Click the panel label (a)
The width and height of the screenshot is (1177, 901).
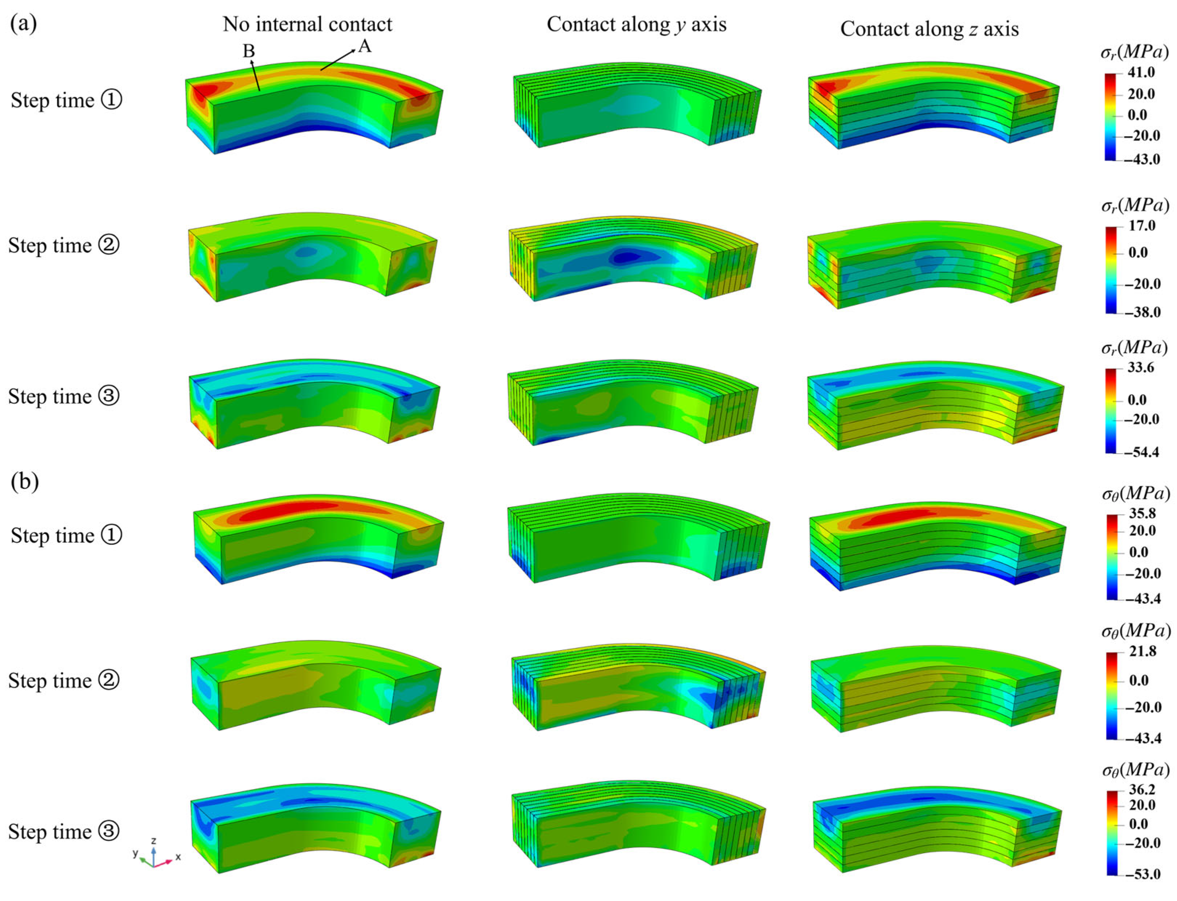24,24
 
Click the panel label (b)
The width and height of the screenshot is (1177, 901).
25,481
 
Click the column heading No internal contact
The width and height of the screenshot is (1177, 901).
307,24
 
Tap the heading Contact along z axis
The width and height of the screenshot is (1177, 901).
929,29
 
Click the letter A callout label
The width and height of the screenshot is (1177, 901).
365,47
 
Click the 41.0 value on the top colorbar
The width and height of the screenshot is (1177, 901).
1141,72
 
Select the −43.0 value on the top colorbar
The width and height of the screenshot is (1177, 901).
1141,159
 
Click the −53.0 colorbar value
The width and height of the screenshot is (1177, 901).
1142,874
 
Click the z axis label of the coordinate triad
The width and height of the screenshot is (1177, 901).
153,841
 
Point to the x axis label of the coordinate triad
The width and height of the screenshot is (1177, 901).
178,857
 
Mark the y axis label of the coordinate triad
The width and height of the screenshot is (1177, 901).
136,853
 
